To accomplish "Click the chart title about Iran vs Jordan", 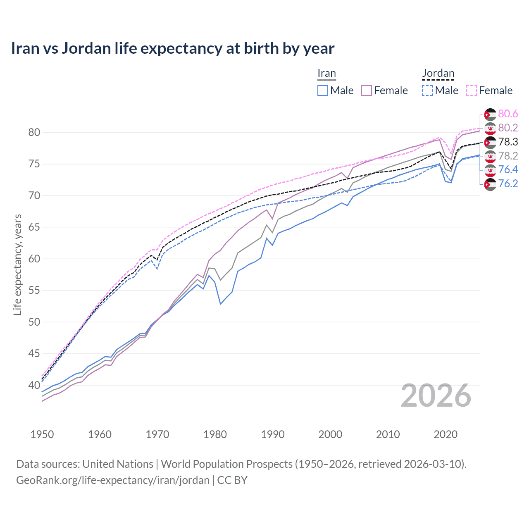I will [x=172, y=48].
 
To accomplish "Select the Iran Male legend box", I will [x=323, y=91].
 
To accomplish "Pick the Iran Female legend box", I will [x=367, y=91].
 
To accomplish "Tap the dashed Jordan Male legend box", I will [x=427, y=91].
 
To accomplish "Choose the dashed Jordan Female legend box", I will [x=472, y=91].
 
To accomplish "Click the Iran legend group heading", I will [x=326, y=74].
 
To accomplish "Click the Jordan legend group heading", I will [x=438, y=74].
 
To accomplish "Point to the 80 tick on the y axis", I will [x=34, y=133].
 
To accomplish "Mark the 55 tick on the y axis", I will [x=34, y=291].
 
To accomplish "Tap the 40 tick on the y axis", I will [x=34, y=385].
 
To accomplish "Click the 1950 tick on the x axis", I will [x=42, y=434].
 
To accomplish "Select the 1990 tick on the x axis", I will [x=273, y=434].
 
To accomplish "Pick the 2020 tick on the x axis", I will [x=446, y=434].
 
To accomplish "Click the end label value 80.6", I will [x=508, y=114].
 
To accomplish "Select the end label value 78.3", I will [x=508, y=142].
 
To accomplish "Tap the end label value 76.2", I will [x=508, y=184].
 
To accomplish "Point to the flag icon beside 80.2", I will [x=490, y=128].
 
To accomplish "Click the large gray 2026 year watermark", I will [x=436, y=396].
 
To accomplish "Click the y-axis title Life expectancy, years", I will [x=17, y=264].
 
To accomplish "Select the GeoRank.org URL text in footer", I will [x=112, y=480].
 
